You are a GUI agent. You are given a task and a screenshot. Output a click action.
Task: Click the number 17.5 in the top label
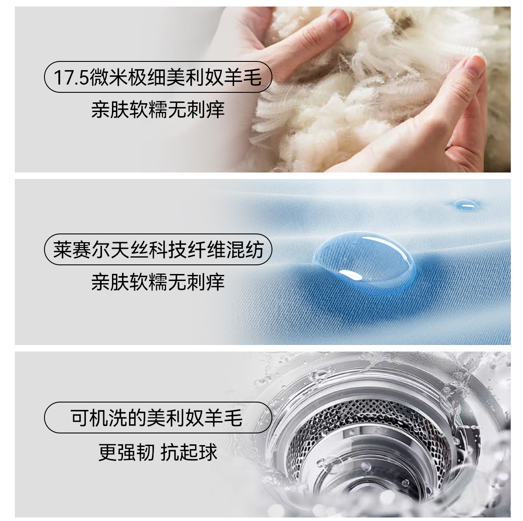pyautogui.click(x=71, y=78)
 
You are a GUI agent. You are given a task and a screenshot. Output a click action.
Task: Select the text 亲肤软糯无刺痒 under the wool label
pyautogui.click(x=158, y=110)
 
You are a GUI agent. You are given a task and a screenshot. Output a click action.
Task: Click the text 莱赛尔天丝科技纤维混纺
pyautogui.click(x=158, y=250)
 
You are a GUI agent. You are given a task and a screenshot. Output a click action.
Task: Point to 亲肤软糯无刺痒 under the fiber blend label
pyautogui.click(x=158, y=282)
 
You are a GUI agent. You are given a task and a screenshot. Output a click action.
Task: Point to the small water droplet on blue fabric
pyautogui.click(x=465, y=205)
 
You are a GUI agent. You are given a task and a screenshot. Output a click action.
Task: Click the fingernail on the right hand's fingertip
pyautogui.click(x=475, y=65)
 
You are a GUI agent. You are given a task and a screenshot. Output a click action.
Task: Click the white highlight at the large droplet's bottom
pyautogui.click(x=351, y=276)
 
